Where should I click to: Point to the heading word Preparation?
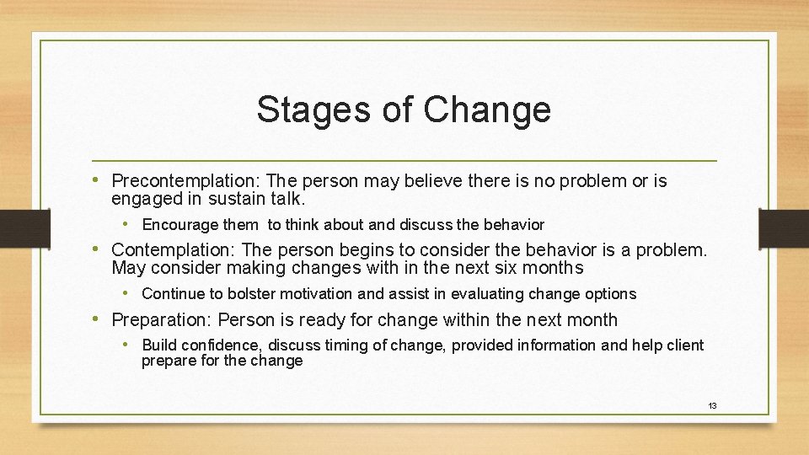point(161,320)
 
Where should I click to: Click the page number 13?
point(712,406)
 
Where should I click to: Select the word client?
point(683,345)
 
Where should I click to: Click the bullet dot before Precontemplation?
point(101,180)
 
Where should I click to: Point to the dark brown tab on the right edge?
point(784,227)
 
